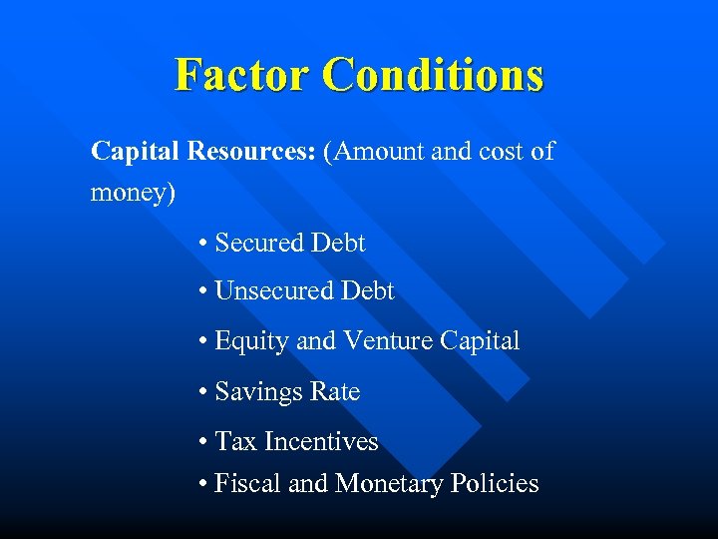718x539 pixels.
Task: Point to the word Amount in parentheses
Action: [x=381, y=152]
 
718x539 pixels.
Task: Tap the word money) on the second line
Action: [x=133, y=192]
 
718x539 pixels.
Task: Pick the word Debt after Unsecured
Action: [x=368, y=291]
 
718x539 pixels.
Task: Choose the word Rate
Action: [x=335, y=392]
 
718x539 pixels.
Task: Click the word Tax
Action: [x=235, y=441]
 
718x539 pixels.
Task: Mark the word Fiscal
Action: [x=247, y=484]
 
